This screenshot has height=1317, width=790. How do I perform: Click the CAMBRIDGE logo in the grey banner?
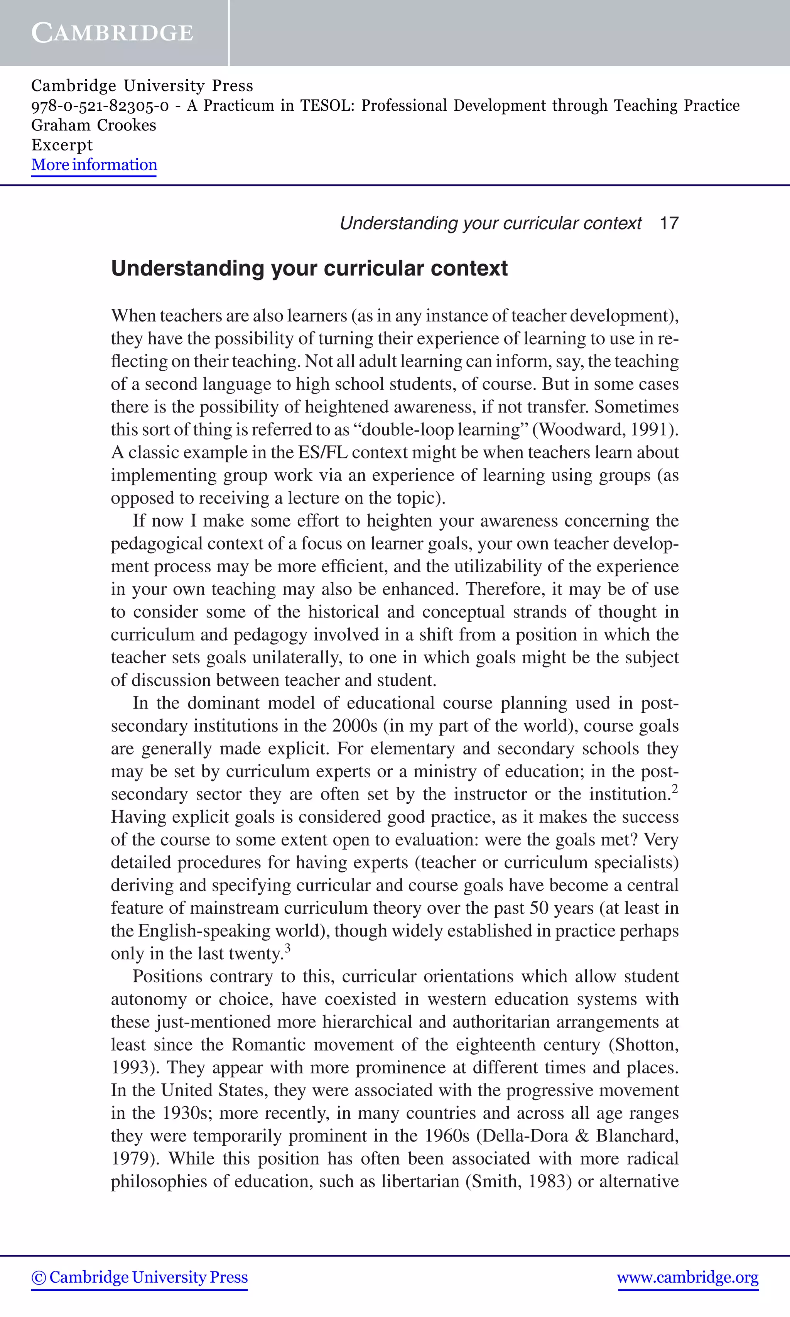112,33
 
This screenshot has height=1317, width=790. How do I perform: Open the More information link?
94,165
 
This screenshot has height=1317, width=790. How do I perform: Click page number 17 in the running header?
668,223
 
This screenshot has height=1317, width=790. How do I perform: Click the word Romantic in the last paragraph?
268,1045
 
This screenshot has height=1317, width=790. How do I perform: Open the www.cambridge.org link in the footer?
688,1278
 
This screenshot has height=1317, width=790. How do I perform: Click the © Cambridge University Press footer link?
140,1278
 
